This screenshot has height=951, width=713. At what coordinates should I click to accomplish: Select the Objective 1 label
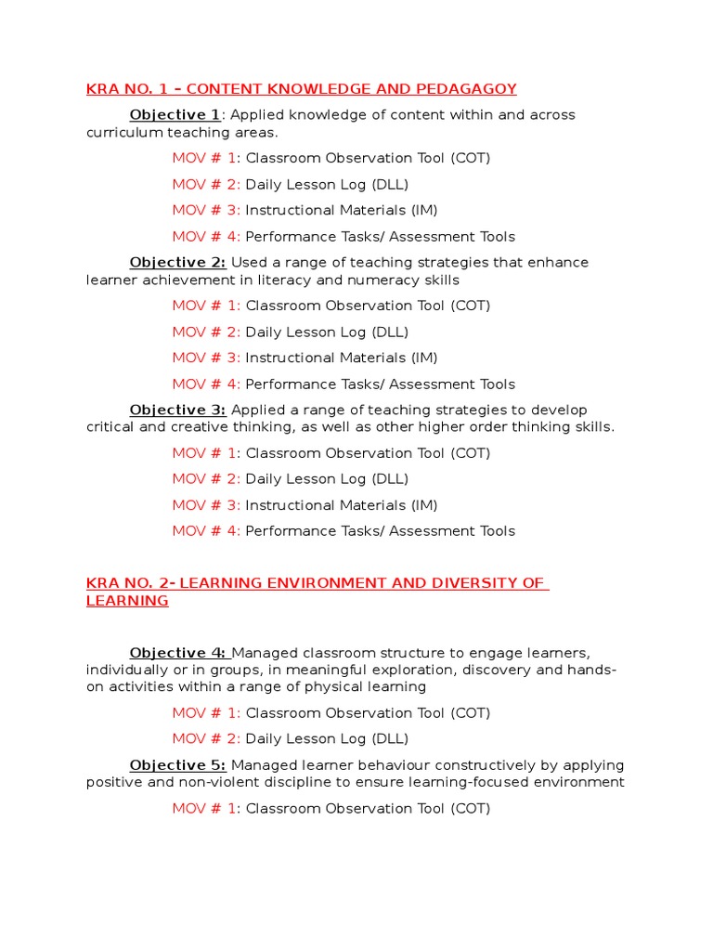(x=175, y=115)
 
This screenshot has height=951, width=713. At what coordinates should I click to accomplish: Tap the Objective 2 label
(x=177, y=263)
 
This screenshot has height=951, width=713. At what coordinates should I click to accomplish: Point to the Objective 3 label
(x=177, y=410)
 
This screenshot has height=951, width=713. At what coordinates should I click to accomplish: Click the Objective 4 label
(x=177, y=653)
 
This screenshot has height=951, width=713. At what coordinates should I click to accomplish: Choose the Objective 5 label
(x=177, y=765)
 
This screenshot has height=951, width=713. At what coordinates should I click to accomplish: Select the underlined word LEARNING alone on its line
(x=127, y=601)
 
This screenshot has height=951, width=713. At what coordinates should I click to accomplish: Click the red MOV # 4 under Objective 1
(x=206, y=237)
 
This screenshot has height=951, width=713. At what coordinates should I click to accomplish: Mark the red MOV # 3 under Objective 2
(x=206, y=358)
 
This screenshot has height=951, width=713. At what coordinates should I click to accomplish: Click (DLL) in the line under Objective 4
(x=390, y=739)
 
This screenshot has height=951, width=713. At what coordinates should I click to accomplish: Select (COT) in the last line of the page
(x=470, y=809)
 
